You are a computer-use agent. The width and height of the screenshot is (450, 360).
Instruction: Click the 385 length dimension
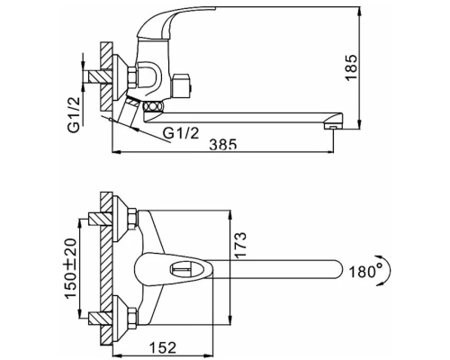point(223,144)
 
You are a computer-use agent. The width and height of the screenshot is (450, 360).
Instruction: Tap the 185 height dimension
point(351,67)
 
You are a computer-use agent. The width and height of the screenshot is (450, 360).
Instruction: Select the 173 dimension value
point(240,245)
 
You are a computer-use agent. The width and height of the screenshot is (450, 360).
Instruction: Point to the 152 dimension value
point(162,347)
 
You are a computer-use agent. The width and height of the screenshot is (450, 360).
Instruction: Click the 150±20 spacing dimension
point(71,268)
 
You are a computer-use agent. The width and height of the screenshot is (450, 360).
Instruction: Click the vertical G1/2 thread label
point(74,115)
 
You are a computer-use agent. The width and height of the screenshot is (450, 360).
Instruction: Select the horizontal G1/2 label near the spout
point(181,133)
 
